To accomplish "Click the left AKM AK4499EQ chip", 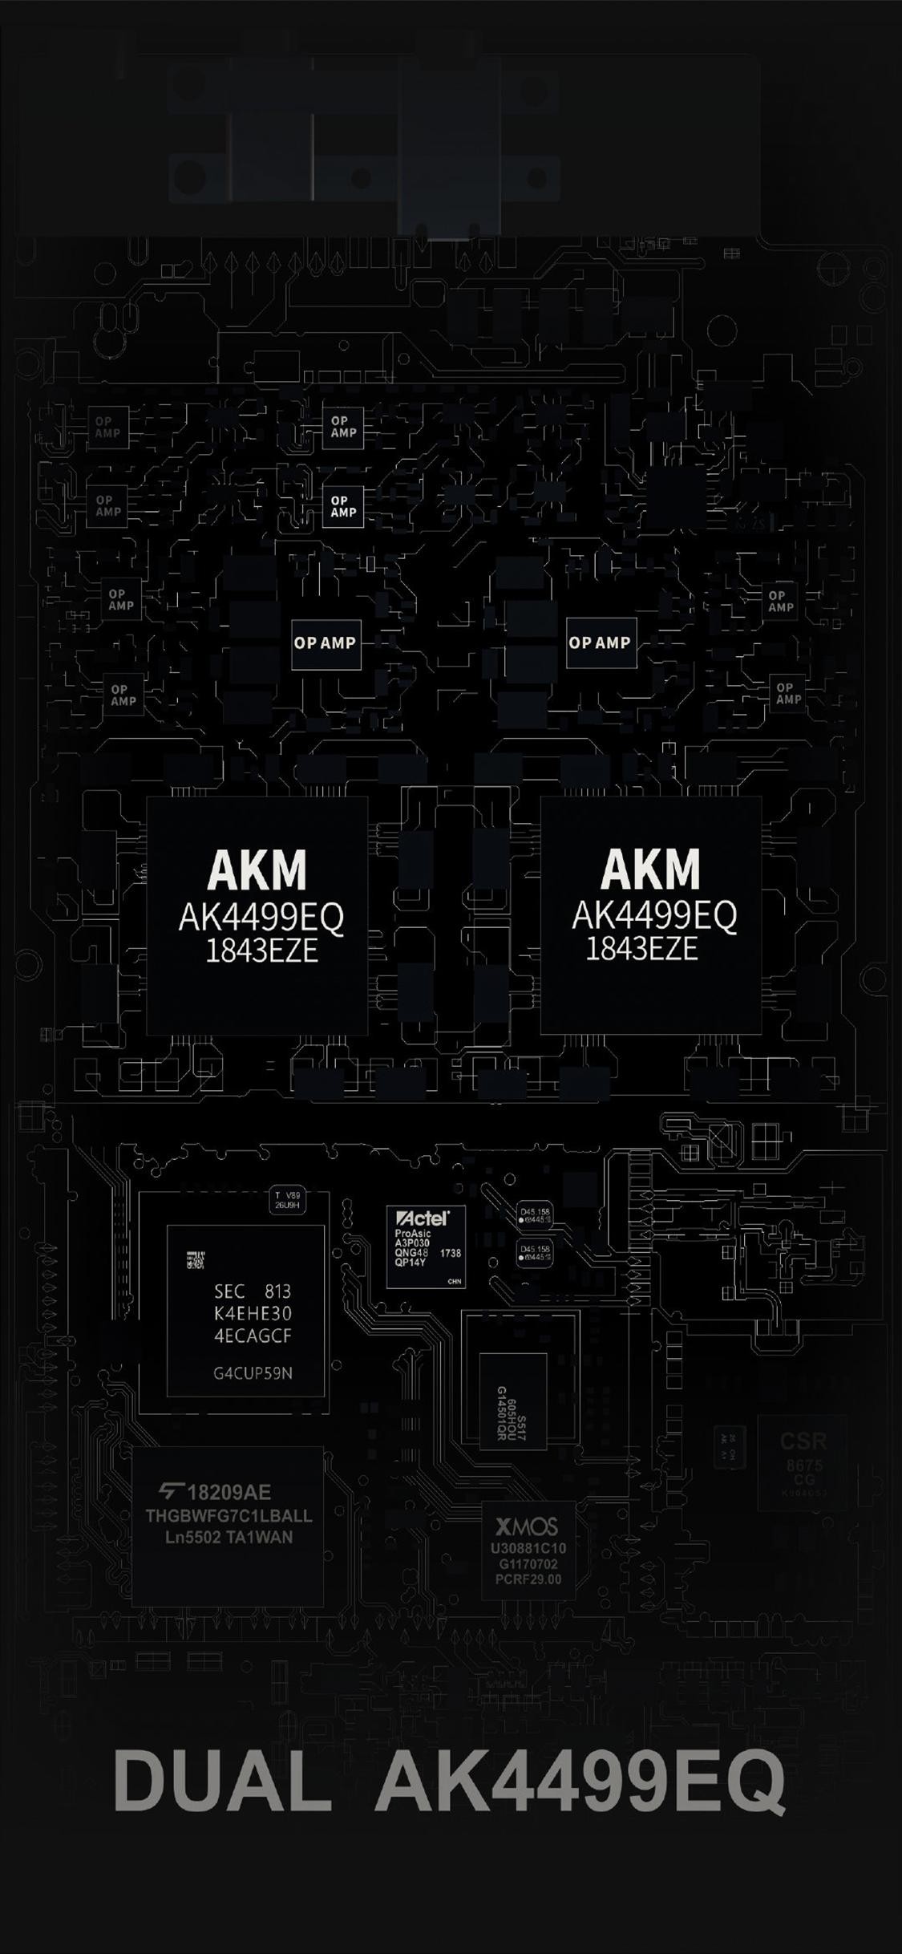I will tap(257, 915).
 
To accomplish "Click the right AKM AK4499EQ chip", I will tap(650, 915).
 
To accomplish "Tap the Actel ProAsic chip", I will tap(426, 1247).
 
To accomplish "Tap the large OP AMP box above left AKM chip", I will tap(326, 643).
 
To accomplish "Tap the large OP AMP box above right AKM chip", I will tap(601, 643).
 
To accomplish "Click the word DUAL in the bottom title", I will tap(223, 1782).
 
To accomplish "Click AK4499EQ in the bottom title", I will tap(580, 1782).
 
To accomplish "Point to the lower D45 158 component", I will tap(534, 1253).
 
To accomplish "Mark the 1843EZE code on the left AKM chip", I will tap(262, 951).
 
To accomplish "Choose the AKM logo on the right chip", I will tap(650, 870).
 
